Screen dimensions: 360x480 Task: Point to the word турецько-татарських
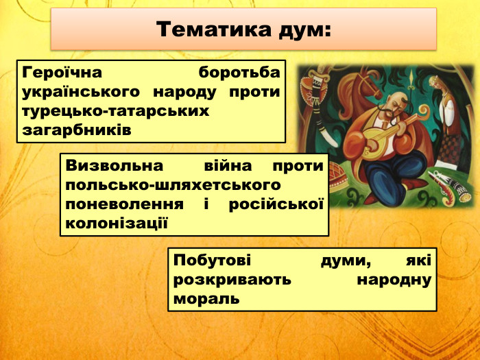coord(115,110)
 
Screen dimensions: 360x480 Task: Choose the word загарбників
coord(76,129)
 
